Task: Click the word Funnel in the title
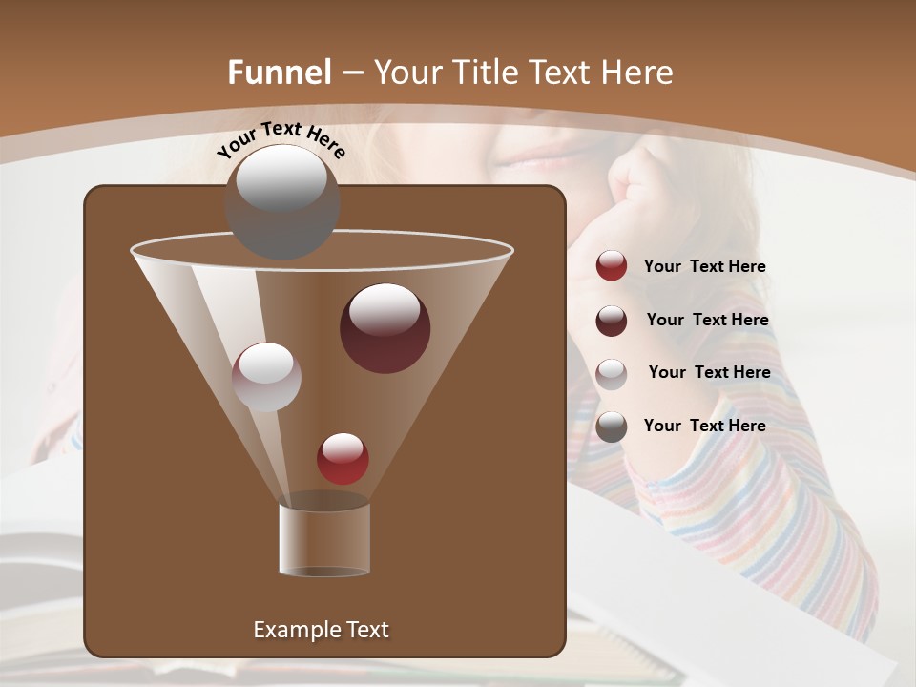click(x=280, y=73)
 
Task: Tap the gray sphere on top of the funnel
click(x=281, y=201)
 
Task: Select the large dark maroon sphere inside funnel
click(x=385, y=327)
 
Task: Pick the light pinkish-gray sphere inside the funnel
click(x=266, y=376)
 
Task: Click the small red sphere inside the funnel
click(x=343, y=458)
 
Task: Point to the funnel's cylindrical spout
click(x=324, y=538)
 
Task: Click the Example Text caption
click(x=321, y=630)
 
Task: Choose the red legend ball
click(x=612, y=266)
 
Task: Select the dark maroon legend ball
click(x=612, y=321)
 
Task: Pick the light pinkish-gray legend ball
click(x=612, y=373)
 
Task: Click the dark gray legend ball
click(x=612, y=427)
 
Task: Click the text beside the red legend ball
click(x=704, y=266)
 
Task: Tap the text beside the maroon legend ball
click(x=707, y=320)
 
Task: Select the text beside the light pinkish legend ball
click(x=709, y=372)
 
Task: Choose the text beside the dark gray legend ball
click(x=704, y=426)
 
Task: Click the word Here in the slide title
click(x=636, y=73)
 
